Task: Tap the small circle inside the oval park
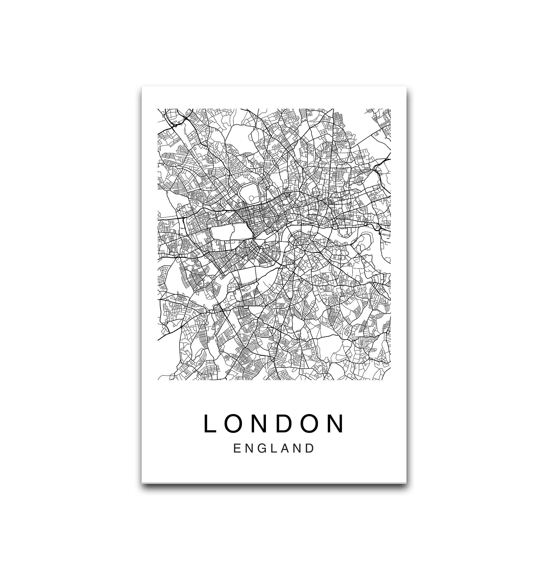point(251,198)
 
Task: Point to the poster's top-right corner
point(406,86)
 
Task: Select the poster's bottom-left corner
point(142,482)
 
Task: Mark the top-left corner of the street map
point(158,109)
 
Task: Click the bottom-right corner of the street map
point(391,380)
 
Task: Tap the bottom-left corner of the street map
point(158,380)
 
